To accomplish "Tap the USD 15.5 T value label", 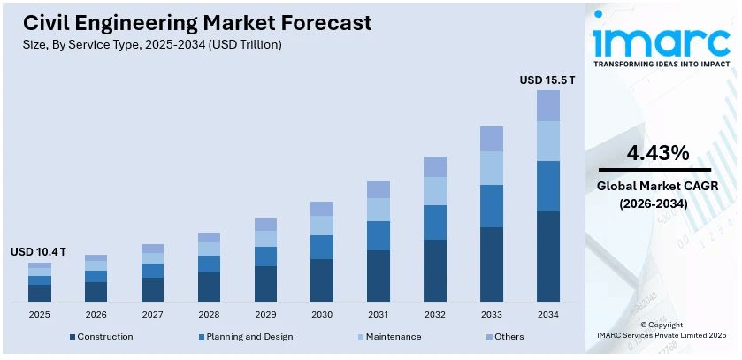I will (547, 80).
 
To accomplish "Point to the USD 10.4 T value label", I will (38, 252).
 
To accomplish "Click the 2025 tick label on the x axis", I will (39, 314).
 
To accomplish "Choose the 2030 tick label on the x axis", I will (321, 314).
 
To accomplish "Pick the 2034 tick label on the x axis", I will (547, 314).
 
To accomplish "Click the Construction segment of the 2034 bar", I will (547, 257).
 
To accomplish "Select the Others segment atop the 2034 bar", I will (547, 105).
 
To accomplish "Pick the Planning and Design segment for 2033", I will (492, 206).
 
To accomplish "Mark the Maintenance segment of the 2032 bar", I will (435, 191).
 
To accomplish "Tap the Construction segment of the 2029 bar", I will (265, 283).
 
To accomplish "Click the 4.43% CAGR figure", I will (657, 153).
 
